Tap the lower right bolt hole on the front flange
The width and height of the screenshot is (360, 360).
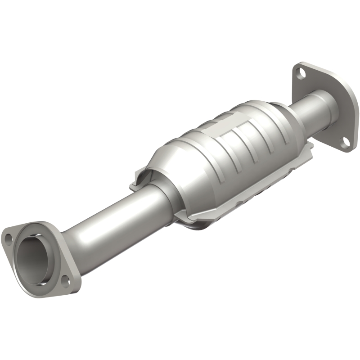coord(64,283)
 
